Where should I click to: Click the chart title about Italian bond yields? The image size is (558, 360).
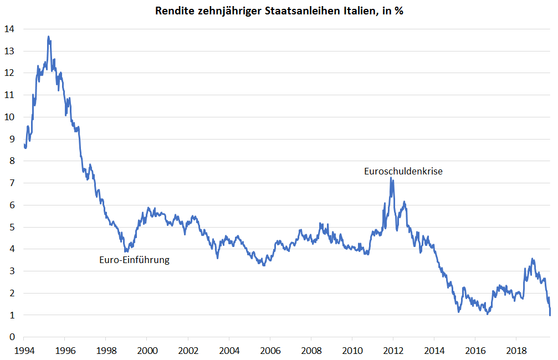coord(279,11)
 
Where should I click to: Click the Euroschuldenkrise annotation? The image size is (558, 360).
coord(403,171)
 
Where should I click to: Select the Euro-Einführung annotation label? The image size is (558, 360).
coord(134,259)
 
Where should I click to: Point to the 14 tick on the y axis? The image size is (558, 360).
coord(11,29)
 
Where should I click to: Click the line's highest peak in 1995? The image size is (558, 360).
coord(49,37)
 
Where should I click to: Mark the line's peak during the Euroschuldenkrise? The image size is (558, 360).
coord(391,178)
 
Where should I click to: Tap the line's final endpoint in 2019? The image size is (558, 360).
coord(550,315)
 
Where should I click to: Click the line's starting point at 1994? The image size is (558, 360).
coord(24,145)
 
